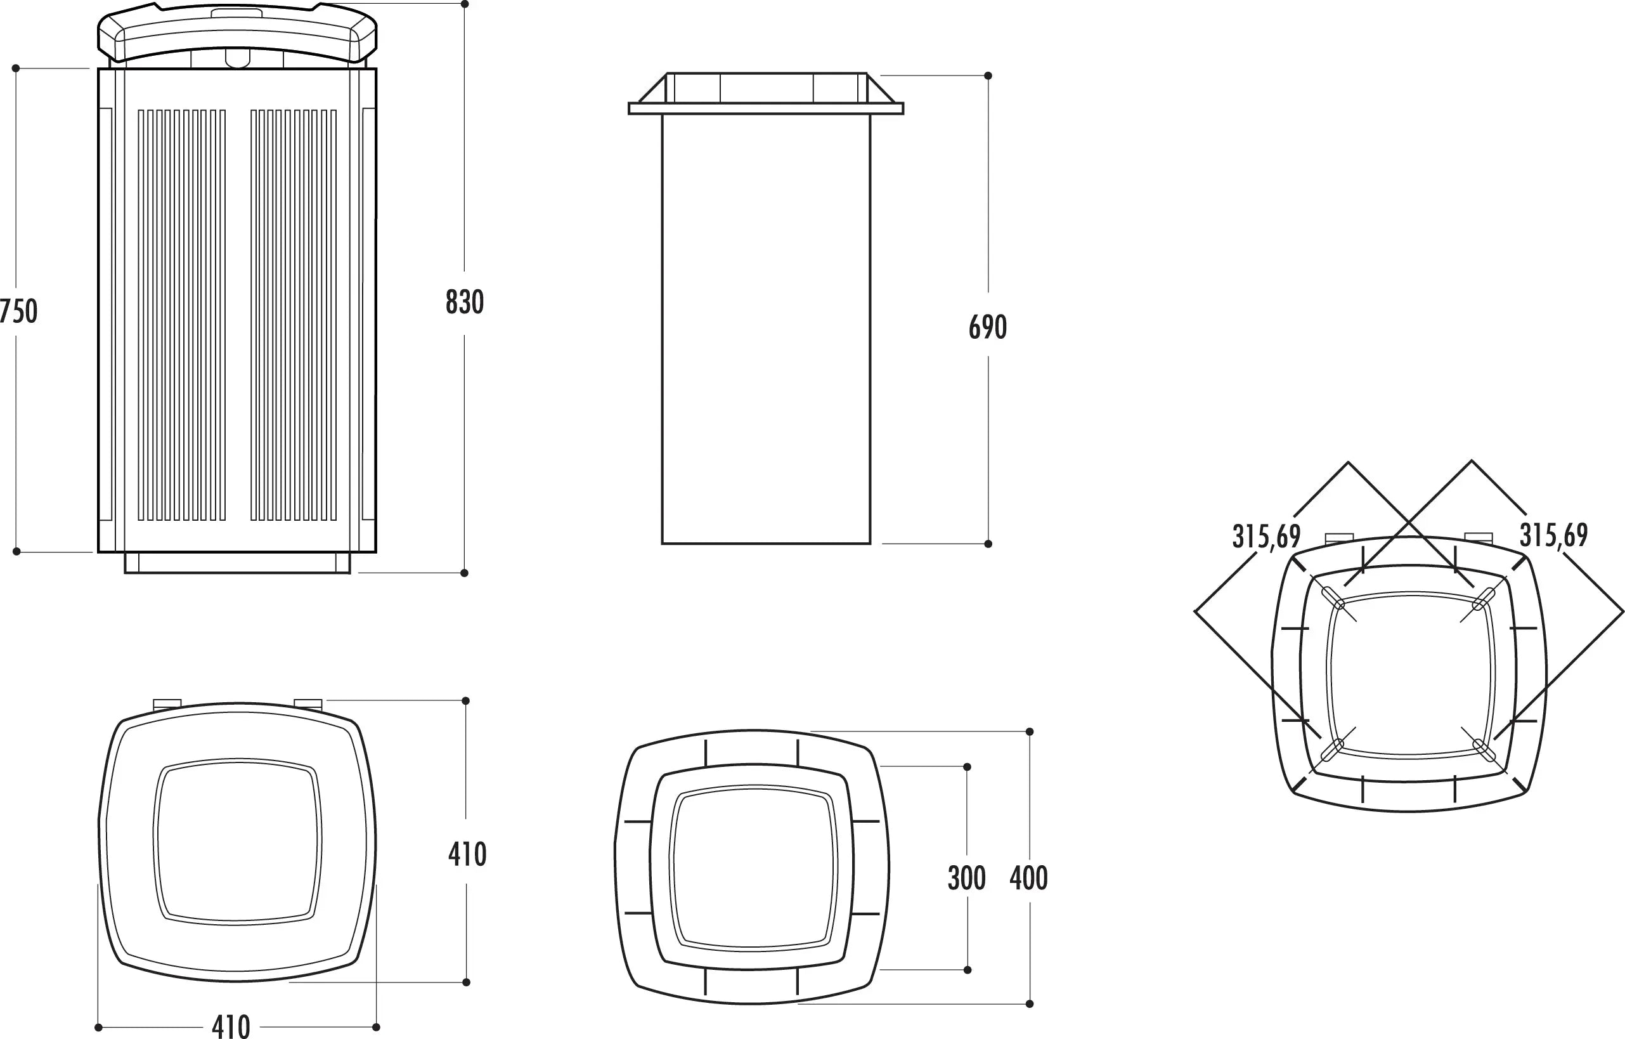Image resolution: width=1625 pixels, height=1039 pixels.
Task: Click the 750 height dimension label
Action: tap(18, 311)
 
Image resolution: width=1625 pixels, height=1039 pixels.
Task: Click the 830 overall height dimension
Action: tap(464, 302)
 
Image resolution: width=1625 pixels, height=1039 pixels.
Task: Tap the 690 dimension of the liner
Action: tap(987, 327)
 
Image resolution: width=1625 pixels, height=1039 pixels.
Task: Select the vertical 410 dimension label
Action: tap(467, 854)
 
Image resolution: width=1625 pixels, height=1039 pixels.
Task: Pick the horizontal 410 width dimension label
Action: tap(231, 1026)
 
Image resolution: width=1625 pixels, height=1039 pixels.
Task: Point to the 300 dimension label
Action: tap(966, 878)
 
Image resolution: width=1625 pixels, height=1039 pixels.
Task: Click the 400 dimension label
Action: tap(1028, 878)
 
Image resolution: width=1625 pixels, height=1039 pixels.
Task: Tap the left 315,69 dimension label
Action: tap(1267, 537)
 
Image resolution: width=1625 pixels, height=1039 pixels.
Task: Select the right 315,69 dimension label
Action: tap(1553, 535)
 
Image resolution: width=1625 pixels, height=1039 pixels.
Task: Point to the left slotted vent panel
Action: tap(181, 315)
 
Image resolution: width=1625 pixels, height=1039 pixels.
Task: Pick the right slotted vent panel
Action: tap(294, 315)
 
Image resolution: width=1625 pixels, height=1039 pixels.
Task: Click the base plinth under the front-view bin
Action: tap(238, 563)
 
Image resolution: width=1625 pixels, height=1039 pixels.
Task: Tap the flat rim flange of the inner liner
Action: tap(766, 108)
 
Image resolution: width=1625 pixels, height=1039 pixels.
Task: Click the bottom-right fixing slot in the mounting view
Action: tap(1484, 750)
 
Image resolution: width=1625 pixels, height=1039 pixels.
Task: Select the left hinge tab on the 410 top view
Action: tap(167, 703)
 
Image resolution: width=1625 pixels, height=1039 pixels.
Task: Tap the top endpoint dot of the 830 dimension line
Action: tap(464, 4)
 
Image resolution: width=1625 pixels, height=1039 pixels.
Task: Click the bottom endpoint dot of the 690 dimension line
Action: tap(988, 544)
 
